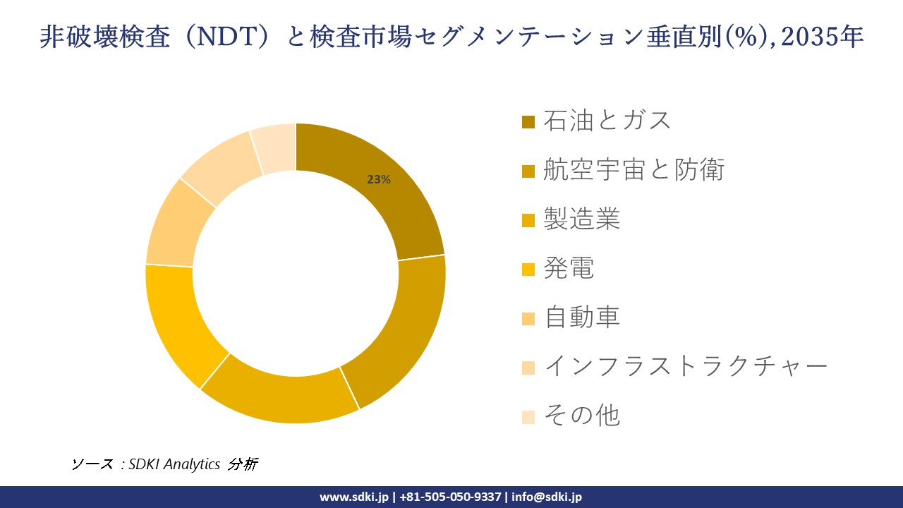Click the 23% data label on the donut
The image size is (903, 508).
pos(379,180)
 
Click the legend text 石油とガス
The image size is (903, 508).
pos(607,121)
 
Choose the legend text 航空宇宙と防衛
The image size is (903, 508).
pos(634,170)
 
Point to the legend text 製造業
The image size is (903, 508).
pos(581,219)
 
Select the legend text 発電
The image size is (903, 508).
pos(569,268)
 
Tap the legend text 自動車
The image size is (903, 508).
pos(581,317)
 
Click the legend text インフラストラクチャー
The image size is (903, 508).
pos(685,366)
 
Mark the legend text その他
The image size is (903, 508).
pos(581,416)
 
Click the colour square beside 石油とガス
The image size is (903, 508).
pos(528,122)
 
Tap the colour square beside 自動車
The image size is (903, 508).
pos(528,319)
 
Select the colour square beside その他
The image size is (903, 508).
pos(528,417)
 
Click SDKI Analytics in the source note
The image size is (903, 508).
pos(174,464)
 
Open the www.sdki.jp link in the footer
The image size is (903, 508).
pos(353,497)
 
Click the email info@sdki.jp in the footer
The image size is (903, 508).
pos(547,497)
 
